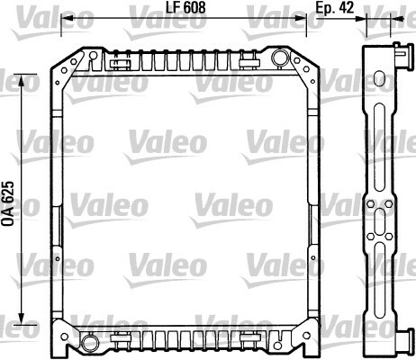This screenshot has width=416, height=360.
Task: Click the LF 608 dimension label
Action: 185,7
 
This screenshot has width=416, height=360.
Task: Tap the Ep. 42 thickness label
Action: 335,7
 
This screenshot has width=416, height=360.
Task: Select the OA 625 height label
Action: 8,203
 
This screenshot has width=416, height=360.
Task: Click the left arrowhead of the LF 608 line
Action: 67,19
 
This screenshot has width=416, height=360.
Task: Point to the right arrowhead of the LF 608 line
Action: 301,19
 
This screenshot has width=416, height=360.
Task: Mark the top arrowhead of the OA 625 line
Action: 22,80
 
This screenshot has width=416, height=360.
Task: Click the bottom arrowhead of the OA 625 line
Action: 22,319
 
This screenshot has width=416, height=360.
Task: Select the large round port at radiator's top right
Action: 280,58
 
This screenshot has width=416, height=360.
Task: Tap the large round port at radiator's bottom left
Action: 90,342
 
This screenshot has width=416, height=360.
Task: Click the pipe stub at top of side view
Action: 403,56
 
